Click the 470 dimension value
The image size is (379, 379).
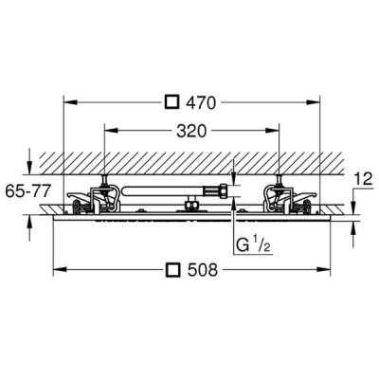coord(201,102)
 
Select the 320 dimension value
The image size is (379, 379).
coord(191,131)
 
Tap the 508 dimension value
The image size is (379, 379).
coord(203,270)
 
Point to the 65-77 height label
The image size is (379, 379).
coord(28,191)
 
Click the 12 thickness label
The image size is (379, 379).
coord(364,180)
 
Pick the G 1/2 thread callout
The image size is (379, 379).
coord(253,245)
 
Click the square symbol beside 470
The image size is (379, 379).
coord(172,102)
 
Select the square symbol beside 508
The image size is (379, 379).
coord(172,270)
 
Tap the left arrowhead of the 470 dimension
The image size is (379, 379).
coord(70,102)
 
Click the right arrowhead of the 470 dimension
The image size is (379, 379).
coord(313,102)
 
